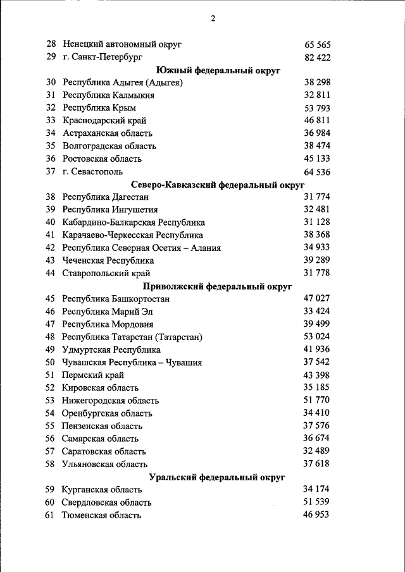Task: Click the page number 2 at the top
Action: pos(213,18)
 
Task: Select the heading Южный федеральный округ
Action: pos(217,70)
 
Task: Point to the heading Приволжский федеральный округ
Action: pos(217,286)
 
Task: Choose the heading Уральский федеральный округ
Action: pos(217,477)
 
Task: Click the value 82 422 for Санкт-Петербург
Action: pos(317,58)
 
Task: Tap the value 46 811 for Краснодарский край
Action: pos(317,121)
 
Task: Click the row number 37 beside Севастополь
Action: pos(51,171)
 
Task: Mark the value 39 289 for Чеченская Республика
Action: pos(317,260)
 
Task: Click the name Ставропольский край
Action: pos(106,273)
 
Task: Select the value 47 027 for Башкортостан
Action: pos(317,298)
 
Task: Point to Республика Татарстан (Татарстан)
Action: pos(132,337)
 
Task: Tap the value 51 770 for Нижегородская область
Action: pos(317,400)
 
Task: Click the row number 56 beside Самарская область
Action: pos(51,439)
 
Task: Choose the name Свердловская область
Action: pos(106,502)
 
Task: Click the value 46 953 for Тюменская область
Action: pos(317,515)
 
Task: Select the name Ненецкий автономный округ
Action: pos(122,45)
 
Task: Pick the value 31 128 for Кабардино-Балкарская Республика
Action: pos(317,222)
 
